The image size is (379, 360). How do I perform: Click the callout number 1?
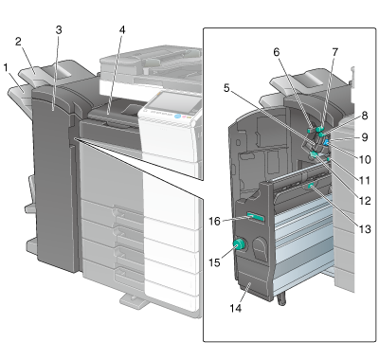click(x=6, y=67)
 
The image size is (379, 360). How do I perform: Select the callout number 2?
click(x=18, y=42)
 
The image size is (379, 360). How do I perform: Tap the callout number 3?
click(x=59, y=30)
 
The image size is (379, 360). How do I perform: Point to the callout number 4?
click(x=122, y=30)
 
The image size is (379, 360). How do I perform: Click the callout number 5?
click(x=226, y=88)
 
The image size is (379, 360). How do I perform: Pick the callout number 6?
click(x=277, y=52)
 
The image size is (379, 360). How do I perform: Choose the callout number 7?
click(x=335, y=52)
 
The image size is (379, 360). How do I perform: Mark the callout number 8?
click(x=365, y=116)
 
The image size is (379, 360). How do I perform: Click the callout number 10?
click(x=365, y=159)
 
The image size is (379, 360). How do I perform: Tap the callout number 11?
click(x=365, y=181)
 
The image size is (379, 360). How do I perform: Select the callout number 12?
click(x=365, y=201)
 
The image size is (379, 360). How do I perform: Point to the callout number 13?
click(x=365, y=229)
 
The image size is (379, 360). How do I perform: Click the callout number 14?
click(x=236, y=308)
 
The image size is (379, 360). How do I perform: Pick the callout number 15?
click(x=214, y=262)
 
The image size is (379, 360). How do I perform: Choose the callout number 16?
click(x=214, y=222)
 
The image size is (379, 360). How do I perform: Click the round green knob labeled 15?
click(x=239, y=244)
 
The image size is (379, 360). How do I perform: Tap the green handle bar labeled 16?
click(x=256, y=217)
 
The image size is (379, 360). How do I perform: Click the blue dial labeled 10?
click(x=327, y=143)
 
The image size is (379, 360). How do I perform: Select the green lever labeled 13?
click(x=311, y=187)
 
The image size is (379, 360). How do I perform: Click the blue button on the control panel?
click(x=177, y=117)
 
